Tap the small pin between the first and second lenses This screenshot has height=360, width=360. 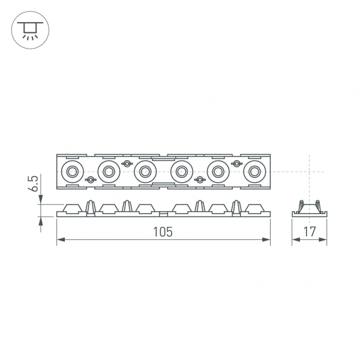coord(90,180)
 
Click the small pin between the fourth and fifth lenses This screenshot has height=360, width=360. coord(199,180)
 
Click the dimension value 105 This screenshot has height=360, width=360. coord(163,232)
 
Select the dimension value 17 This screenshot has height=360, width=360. coord(310,232)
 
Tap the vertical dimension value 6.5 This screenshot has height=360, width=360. coord(34,183)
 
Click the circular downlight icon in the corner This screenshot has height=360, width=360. coord(28,28)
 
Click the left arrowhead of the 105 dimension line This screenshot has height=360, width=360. coord(60,241)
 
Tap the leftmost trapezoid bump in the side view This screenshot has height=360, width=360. coord(72,208)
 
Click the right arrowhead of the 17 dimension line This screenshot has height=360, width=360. coord(324,241)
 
